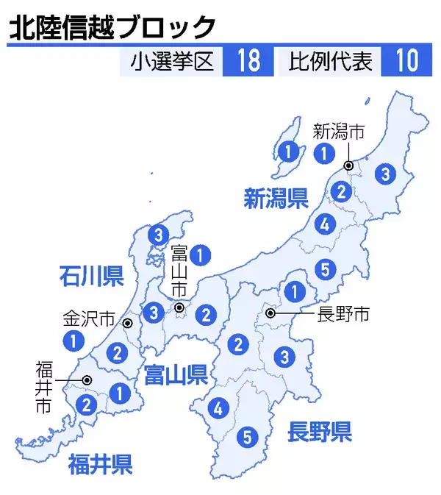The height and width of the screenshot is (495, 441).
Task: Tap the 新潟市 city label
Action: pos(340,132)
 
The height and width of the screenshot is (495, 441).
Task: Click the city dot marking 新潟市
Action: pos(347,164)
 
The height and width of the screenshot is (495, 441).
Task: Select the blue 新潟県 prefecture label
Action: pos(276,198)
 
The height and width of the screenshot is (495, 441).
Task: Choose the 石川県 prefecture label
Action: pos(91,277)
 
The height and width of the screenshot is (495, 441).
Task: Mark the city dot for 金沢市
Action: pos(127,323)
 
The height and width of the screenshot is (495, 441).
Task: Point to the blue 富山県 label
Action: pos(175,376)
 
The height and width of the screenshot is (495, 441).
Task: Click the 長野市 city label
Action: pos(343,315)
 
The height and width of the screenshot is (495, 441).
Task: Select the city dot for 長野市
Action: pos(271,313)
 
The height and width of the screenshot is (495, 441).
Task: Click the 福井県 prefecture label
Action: pos(100,464)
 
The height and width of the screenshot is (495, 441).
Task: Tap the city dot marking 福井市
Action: pos(87,380)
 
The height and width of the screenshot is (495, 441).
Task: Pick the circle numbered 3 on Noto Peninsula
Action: pos(157,235)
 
